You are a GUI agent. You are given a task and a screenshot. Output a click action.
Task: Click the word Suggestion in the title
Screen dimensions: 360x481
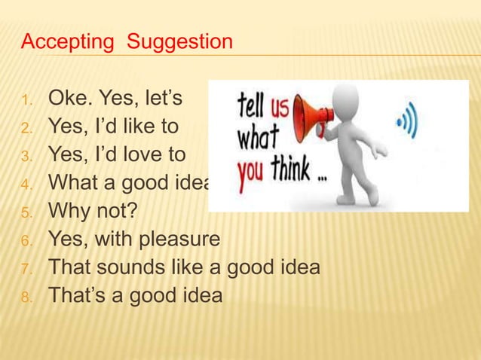click(180, 41)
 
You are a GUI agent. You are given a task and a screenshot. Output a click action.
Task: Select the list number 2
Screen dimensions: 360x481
click(26, 127)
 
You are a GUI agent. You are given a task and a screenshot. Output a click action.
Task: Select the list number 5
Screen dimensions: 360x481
click(26, 212)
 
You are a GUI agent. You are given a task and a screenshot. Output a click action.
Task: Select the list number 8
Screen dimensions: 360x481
click(26, 297)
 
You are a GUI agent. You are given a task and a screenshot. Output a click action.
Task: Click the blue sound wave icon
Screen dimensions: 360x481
click(408, 121)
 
